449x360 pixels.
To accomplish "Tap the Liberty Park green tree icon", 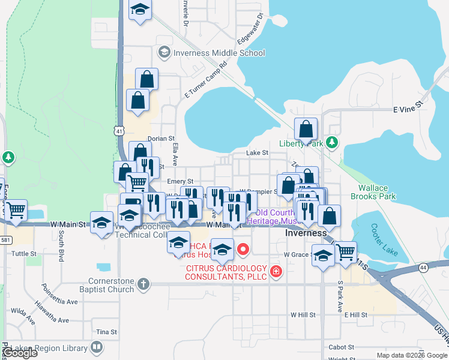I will click(x=331, y=143).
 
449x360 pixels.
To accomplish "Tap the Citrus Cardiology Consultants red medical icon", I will click(x=276, y=272).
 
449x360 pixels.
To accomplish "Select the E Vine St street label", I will click(x=408, y=110).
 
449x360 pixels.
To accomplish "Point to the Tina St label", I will click(x=106, y=332).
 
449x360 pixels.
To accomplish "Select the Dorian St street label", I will click(x=161, y=138).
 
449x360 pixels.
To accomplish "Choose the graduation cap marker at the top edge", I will click(x=140, y=10).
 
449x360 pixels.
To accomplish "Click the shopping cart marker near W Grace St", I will click(x=345, y=253).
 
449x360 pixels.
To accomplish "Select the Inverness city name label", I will click(x=306, y=233).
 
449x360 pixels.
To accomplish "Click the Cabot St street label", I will click(x=342, y=347).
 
